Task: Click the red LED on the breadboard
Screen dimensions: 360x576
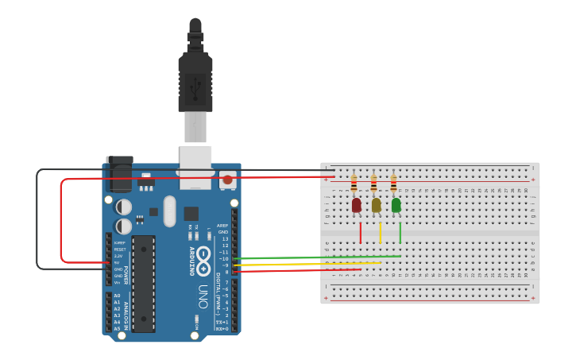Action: (356, 205)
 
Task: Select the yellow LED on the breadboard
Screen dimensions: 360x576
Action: (376, 205)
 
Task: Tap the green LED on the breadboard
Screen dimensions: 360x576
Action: (396, 205)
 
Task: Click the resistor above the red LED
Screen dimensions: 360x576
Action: (354, 184)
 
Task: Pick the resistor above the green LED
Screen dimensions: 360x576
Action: (393, 184)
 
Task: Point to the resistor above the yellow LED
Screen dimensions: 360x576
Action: (373, 184)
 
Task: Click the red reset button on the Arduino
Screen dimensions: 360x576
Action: (227, 180)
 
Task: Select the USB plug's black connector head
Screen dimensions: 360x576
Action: (195, 79)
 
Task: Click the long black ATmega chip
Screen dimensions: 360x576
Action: (144, 283)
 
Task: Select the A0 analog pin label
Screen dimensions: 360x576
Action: (117, 296)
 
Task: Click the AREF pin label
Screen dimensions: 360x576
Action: (222, 225)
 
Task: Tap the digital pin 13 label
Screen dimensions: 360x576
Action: (225, 238)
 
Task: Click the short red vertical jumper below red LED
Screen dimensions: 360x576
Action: (361, 233)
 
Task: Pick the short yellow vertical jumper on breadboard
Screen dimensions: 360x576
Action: (381, 233)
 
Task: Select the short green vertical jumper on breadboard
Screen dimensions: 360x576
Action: (400, 233)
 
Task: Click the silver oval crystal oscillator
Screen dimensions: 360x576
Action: (169, 211)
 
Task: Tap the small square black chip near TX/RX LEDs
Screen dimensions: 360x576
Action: (191, 213)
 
